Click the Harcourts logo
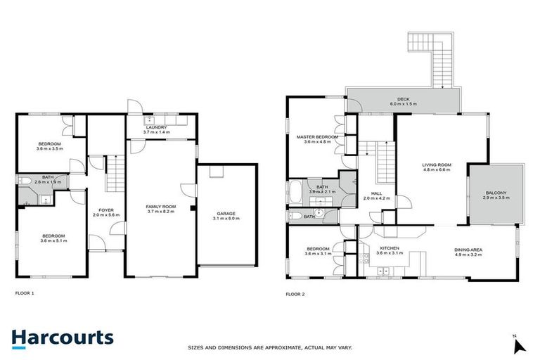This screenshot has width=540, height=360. click(62, 338)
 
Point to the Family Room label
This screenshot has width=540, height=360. click(160, 209)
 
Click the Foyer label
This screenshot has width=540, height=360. click(105, 212)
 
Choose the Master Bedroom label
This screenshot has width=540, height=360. click(316, 139)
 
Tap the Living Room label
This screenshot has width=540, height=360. click(436, 167)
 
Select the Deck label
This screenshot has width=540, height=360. click(403, 101)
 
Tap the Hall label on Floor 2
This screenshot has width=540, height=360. click(376, 195)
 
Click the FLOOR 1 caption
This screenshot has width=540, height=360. click(25, 292)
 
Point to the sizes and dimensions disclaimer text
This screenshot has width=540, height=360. click(269, 347)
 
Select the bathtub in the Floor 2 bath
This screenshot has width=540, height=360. click(296, 191)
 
